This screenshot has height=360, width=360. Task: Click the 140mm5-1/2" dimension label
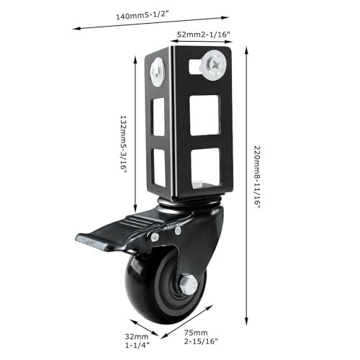coord(143,15)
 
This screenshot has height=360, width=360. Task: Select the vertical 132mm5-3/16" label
coord(123,144)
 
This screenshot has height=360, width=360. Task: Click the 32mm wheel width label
coord(137,341)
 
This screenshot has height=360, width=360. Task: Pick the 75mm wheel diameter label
coord(201,337)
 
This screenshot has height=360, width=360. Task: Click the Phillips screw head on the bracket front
coord(214,65)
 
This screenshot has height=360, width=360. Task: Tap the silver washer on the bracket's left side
coord(158,72)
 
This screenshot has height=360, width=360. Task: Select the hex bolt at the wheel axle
coord(189,284)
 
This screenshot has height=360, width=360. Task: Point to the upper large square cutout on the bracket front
coord(204,115)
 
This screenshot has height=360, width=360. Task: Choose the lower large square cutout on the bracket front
coord(206,168)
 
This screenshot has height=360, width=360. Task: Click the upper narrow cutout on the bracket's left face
coord(158,117)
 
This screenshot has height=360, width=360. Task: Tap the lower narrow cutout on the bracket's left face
coord(159,168)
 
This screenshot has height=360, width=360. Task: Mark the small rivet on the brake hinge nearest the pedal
coord(155,238)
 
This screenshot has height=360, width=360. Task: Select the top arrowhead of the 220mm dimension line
coord(246,51)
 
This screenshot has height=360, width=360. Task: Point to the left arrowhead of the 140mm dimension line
coord(77,29)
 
